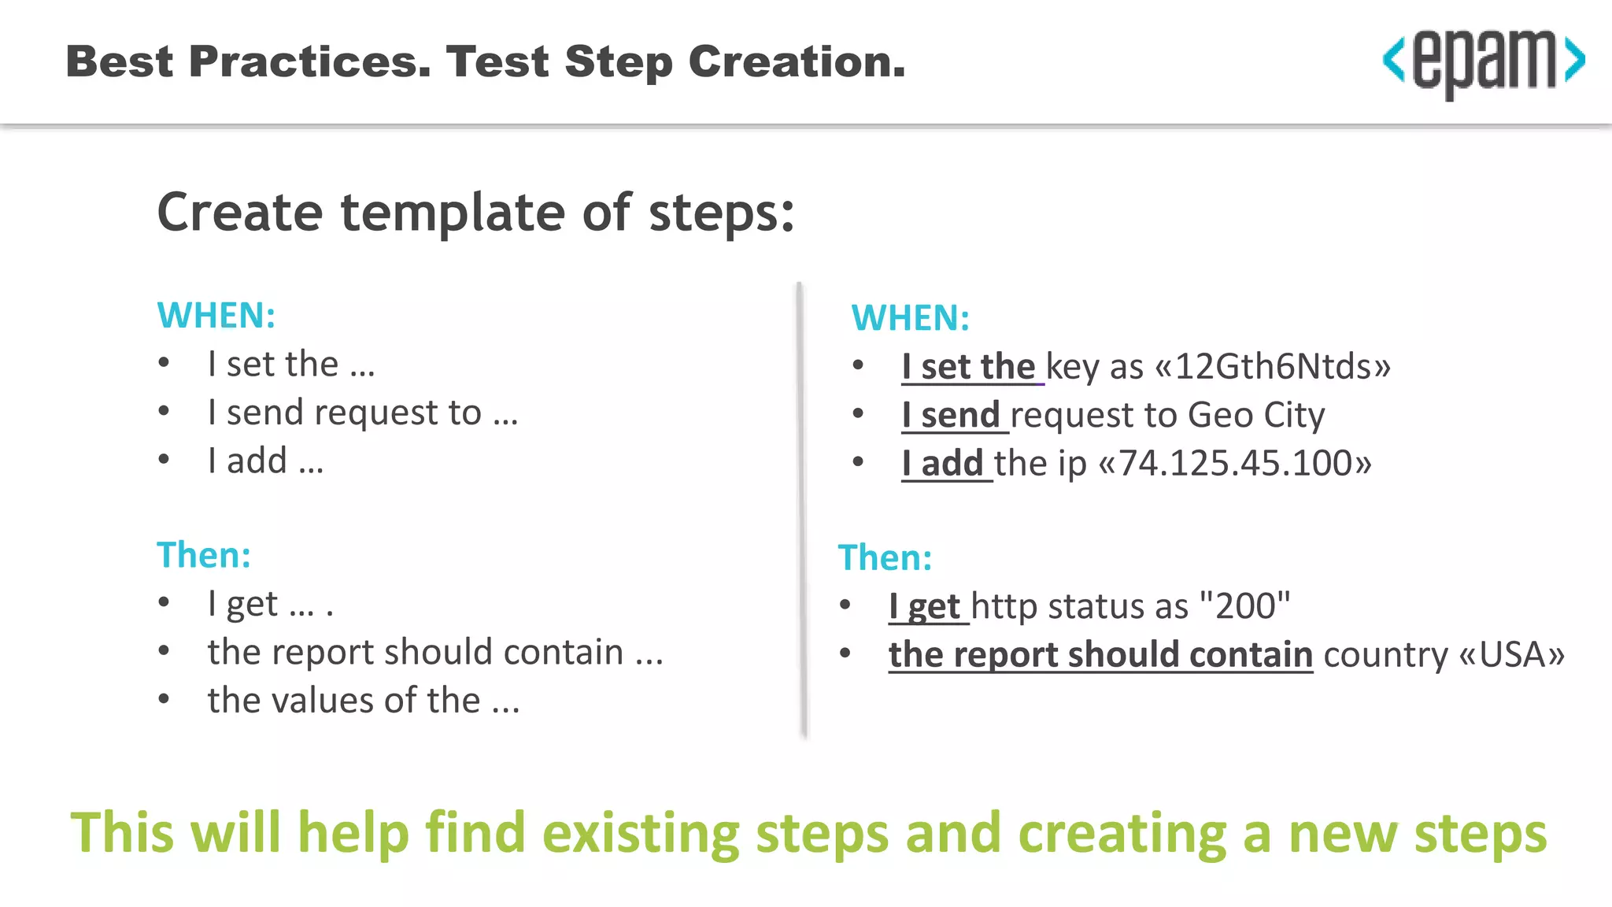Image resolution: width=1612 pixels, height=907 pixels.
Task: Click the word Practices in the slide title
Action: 310,62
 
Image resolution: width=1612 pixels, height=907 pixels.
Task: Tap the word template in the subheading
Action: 452,213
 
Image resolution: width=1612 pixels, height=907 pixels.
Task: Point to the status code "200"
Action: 1244,606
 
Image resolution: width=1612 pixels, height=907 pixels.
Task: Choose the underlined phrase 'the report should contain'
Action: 1100,655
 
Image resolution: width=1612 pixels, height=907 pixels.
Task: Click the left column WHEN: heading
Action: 216,316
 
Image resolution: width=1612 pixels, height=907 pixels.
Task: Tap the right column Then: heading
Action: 885,558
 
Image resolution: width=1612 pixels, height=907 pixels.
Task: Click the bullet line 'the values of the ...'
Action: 363,701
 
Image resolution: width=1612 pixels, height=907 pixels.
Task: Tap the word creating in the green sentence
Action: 1122,834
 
